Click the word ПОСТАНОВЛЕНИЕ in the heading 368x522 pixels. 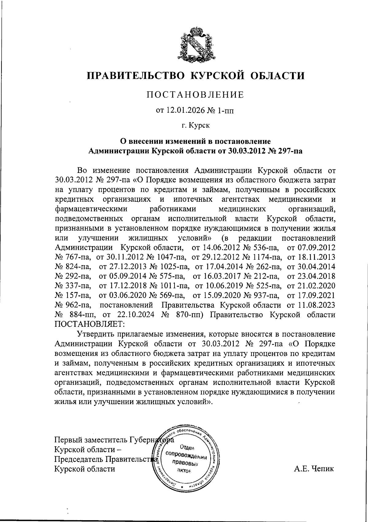[195, 95]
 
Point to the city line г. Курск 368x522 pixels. [195, 125]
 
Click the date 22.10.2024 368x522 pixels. [135, 314]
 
